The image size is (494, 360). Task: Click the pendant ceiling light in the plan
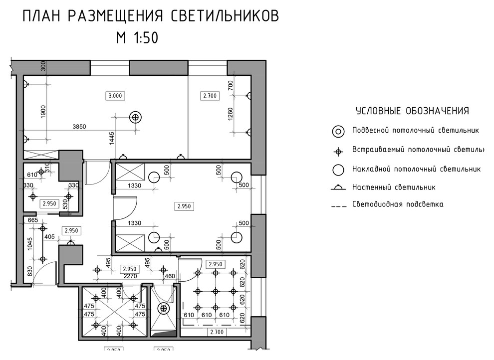(x=135, y=117)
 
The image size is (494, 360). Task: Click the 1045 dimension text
(x=30, y=244)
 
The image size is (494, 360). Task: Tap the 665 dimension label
(x=33, y=220)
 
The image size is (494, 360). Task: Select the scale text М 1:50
(x=137, y=38)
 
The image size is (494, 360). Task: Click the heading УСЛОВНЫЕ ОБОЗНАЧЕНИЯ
(x=412, y=111)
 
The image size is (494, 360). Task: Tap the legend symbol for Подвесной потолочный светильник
(x=338, y=132)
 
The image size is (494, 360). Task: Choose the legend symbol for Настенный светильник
(x=338, y=187)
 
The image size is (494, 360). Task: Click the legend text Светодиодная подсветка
(x=398, y=204)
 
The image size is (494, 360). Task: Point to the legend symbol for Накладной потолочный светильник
(x=338, y=169)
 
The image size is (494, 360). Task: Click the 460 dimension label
(x=170, y=276)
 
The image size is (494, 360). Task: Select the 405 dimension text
(x=49, y=237)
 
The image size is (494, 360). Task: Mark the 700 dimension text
(x=231, y=86)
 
